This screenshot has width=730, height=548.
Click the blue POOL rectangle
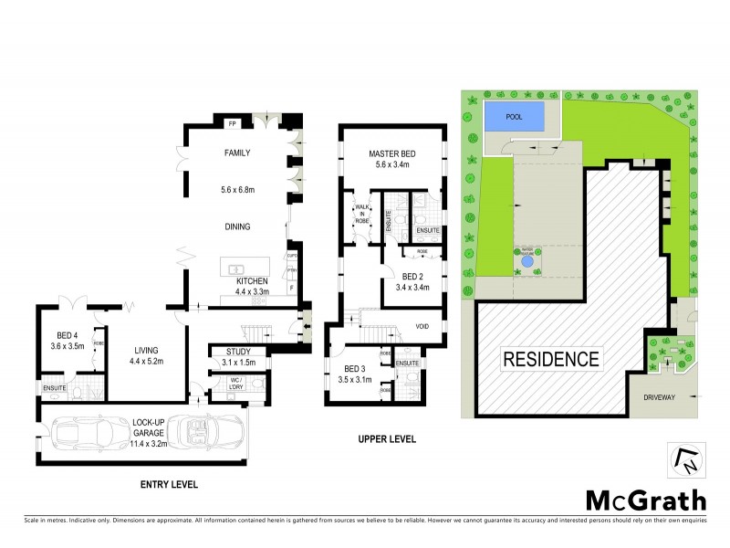click(514, 117)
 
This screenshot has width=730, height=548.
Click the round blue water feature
click(527, 263)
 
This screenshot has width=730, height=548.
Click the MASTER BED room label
click(392, 153)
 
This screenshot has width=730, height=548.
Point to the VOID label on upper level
click(422, 326)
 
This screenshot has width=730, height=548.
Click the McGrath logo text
click(644, 500)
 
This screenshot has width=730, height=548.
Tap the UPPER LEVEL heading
click(386, 439)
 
